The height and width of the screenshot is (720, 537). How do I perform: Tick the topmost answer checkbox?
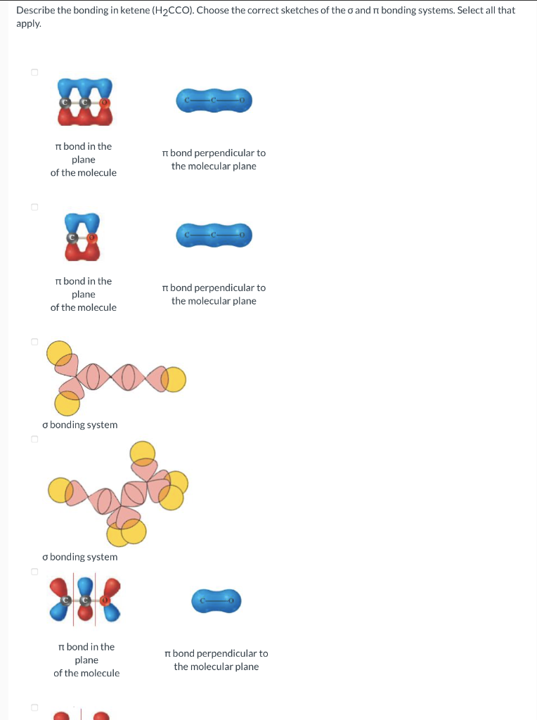tap(33, 72)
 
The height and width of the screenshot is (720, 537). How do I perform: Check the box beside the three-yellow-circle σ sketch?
tap(33, 342)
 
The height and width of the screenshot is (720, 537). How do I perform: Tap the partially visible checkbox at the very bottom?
tap(33, 707)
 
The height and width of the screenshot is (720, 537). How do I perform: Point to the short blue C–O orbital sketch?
tap(216, 600)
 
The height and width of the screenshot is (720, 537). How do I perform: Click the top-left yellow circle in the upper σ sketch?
tap(59, 352)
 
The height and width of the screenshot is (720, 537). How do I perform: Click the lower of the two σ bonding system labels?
tap(79, 557)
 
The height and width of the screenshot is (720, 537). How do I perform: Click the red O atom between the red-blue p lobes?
tap(105, 600)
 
